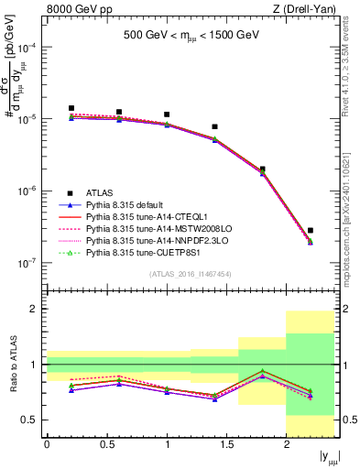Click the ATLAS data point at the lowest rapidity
point(71,108)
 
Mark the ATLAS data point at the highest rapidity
point(311,230)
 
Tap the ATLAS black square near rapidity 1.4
point(214,126)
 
